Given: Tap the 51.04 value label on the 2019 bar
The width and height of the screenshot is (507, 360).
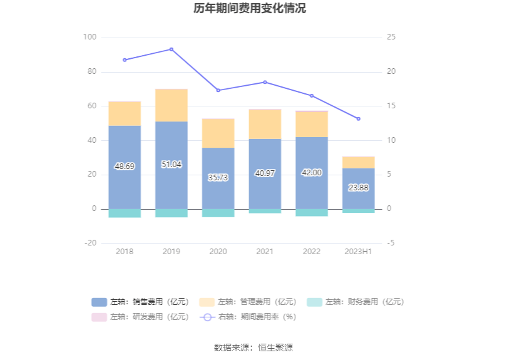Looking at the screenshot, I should tap(171, 165).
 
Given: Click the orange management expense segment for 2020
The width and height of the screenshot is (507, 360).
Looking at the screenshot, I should tap(218, 133).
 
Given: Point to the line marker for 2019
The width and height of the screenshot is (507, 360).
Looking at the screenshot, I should tap(172, 49).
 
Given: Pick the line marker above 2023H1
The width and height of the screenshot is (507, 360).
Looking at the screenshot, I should tap(359, 119).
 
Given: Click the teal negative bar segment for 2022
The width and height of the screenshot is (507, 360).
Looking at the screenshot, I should tap(312, 212).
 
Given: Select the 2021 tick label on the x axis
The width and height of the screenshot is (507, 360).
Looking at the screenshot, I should tap(265, 252).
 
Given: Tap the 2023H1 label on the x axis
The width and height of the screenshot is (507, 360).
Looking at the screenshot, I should tap(359, 252).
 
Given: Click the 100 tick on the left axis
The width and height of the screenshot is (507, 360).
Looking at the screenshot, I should tap(90, 38).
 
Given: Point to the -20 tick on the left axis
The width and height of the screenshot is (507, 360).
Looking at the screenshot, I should tap(90, 243).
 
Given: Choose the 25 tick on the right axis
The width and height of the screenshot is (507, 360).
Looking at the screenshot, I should tap(391, 38).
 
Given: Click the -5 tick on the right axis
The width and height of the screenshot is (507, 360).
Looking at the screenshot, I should tap(391, 243).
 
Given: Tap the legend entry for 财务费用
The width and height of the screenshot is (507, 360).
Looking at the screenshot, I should tap(356, 302).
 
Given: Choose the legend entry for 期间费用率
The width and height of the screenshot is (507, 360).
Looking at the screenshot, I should tap(248, 317).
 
